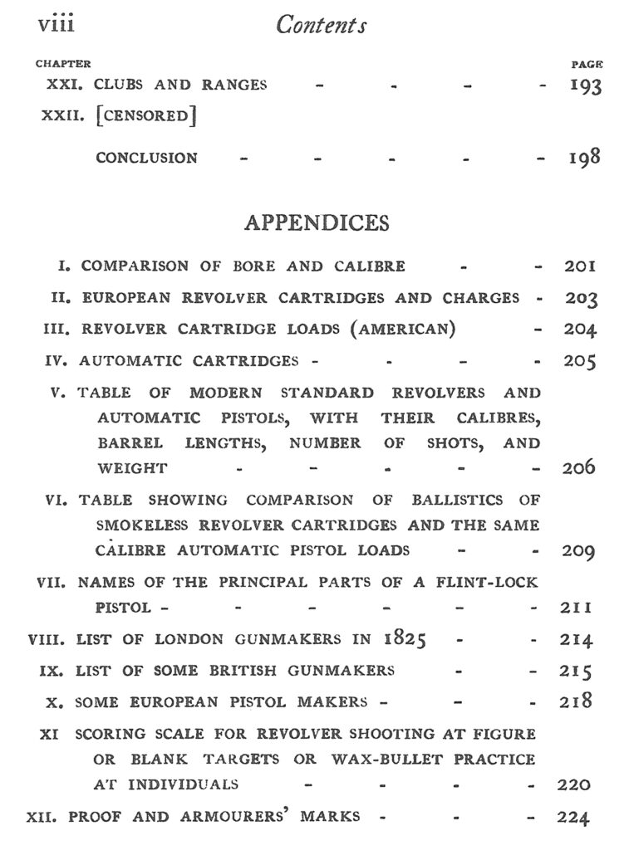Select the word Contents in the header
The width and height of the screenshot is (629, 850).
click(322, 26)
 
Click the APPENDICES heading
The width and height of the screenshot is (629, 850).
click(317, 223)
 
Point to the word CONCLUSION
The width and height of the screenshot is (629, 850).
click(146, 158)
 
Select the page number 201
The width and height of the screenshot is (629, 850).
click(580, 266)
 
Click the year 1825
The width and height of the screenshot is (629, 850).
click(405, 639)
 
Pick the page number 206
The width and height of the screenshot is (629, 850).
click(578, 467)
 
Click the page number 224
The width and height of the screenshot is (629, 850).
click(573, 818)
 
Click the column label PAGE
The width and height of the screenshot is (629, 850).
click(587, 64)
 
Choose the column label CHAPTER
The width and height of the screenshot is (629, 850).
click(63, 64)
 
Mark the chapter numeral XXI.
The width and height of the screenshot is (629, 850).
click(60, 85)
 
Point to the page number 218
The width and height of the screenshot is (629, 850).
click(574, 701)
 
